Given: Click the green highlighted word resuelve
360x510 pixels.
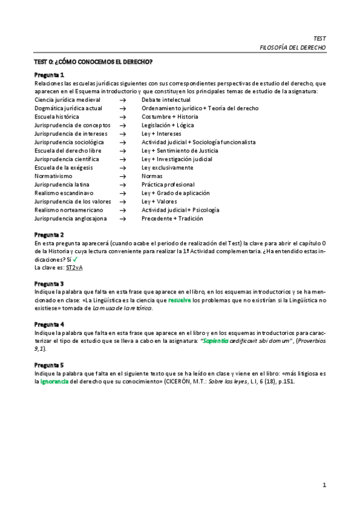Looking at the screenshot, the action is [x=180, y=300].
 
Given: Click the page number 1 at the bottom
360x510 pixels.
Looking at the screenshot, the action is [x=324, y=485].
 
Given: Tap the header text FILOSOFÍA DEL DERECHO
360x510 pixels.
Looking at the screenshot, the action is [x=292, y=47].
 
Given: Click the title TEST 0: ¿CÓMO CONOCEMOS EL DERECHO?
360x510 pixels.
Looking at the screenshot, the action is [x=93, y=62].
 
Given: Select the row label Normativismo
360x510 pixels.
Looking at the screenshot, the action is [x=55, y=176].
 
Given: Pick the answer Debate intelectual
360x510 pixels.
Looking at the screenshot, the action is [x=166, y=100].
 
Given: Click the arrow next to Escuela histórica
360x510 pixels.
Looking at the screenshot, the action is [x=123, y=117].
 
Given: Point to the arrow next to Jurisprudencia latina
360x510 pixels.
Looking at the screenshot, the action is [x=123, y=185].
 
